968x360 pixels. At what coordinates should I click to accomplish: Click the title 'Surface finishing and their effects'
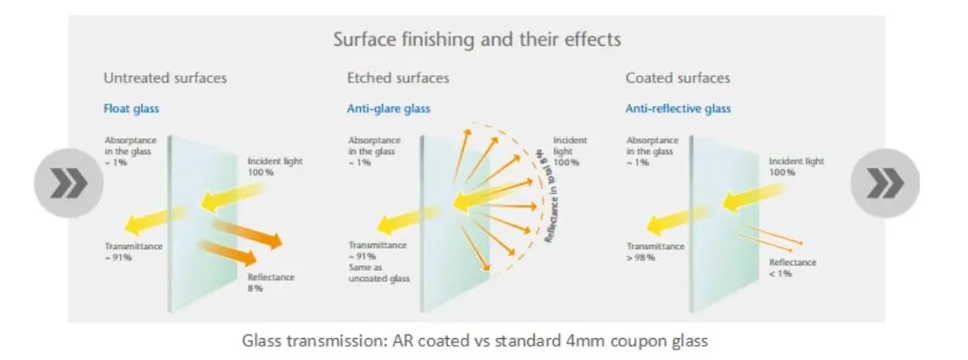coord(476,40)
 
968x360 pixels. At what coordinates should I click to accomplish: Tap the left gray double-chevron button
coord(63,184)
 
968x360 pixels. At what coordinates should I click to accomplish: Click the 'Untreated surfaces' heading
coord(165,79)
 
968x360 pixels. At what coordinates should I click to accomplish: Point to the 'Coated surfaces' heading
coord(677,79)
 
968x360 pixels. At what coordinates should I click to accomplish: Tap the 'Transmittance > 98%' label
coord(654,252)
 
